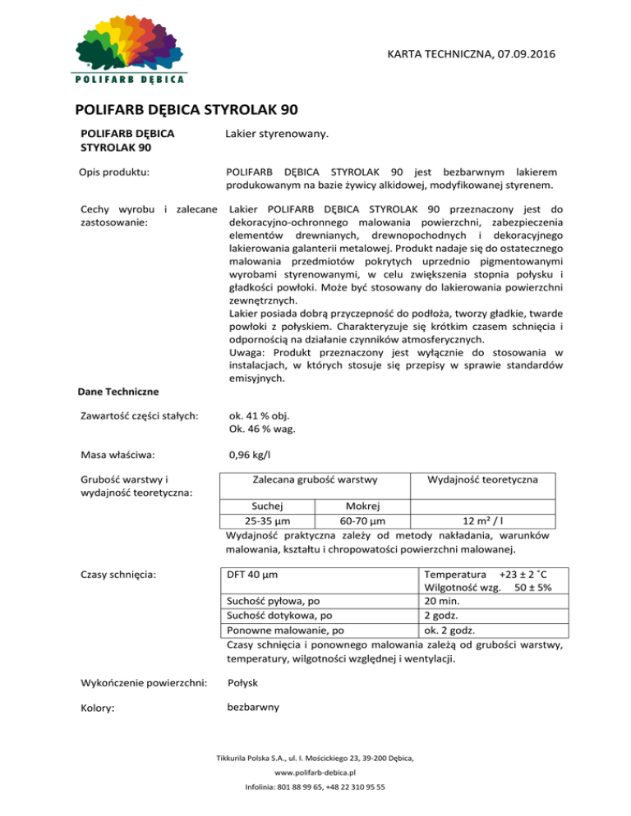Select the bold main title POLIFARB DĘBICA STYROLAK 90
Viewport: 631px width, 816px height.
pos(187,108)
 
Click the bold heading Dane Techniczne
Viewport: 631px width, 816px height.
pos(118,392)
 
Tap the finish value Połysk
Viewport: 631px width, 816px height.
pos(246,682)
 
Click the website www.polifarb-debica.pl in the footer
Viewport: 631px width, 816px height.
pos(315,772)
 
